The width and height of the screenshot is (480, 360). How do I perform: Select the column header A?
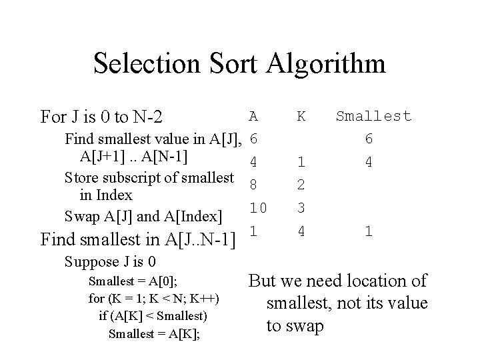[x=253, y=116]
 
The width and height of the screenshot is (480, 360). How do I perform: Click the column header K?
[x=301, y=116]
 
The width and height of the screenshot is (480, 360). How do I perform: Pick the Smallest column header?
[x=373, y=116]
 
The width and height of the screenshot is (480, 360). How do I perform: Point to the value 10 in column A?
[x=257, y=207]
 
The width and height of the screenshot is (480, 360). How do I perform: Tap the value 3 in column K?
[x=301, y=207]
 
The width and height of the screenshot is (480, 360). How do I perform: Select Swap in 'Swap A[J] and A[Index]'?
[x=79, y=216]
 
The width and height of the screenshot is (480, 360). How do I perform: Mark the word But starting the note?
[x=263, y=281]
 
